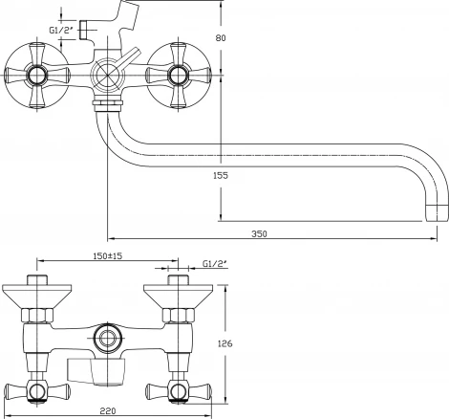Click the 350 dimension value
(259, 233)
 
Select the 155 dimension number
(221, 175)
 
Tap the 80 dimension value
(221, 38)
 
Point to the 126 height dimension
(224, 343)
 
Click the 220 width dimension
(108, 410)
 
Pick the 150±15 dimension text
(108, 255)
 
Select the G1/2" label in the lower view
(215, 264)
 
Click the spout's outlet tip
(437, 213)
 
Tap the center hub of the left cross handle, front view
(36, 76)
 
